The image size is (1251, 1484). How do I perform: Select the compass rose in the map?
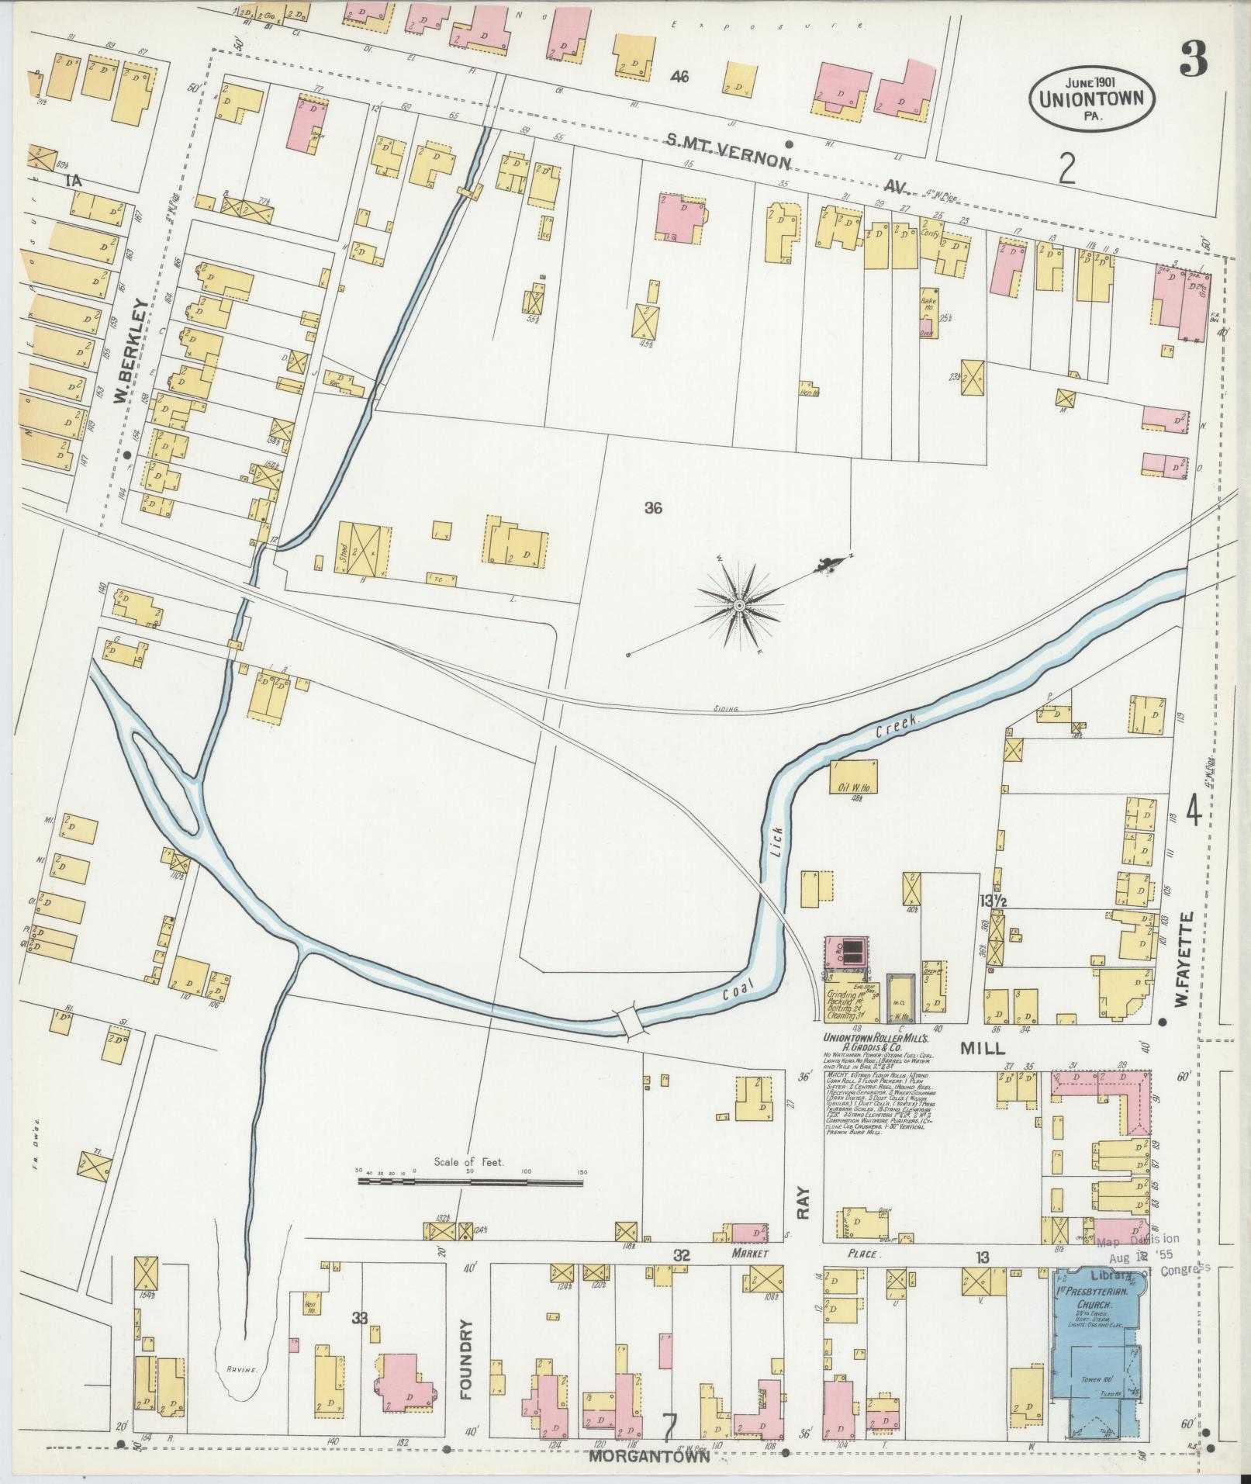(x=740, y=604)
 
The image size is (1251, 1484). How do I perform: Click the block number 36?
(x=653, y=509)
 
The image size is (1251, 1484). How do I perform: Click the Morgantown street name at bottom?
(x=649, y=1456)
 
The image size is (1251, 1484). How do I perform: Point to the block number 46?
(x=680, y=77)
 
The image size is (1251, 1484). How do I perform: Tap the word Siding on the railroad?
(x=725, y=709)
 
